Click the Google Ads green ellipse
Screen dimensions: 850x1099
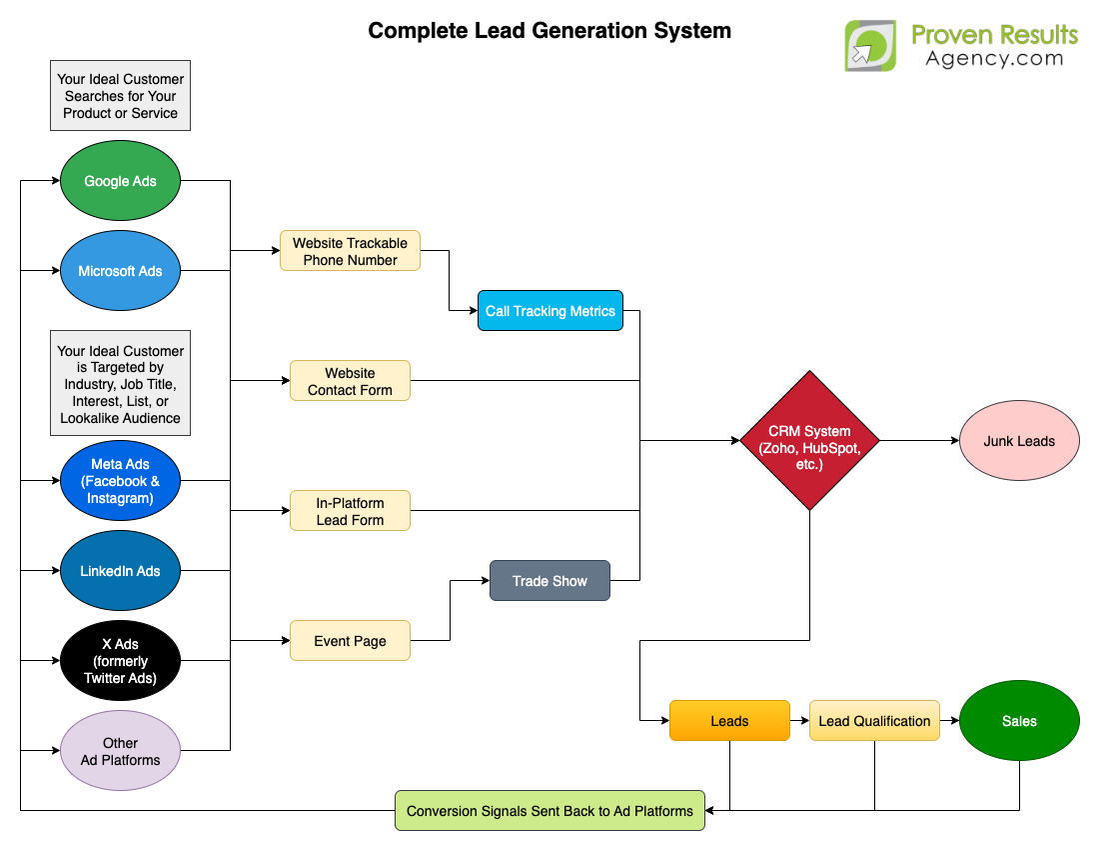click(x=120, y=181)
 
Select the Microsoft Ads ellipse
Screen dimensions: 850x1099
click(x=120, y=271)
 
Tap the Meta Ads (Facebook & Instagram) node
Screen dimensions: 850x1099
click(x=120, y=481)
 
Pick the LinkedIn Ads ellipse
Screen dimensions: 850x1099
click(x=120, y=571)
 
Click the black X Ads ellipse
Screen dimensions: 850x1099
click(x=120, y=661)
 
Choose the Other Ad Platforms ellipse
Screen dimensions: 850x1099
click(x=120, y=751)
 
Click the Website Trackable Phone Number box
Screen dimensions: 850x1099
click(x=350, y=251)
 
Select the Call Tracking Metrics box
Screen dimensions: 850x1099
click(x=550, y=311)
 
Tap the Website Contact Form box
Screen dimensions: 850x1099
click(x=350, y=381)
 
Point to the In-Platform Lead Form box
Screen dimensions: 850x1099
click(x=350, y=511)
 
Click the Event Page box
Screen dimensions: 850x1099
click(x=350, y=641)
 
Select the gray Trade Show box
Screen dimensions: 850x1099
click(x=549, y=581)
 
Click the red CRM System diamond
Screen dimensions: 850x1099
click(x=809, y=441)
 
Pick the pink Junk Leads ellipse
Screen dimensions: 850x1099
click(x=1019, y=441)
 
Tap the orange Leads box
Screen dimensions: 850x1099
click(x=729, y=721)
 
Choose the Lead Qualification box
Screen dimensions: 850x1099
click(x=874, y=721)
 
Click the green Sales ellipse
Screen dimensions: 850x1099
click(x=1019, y=721)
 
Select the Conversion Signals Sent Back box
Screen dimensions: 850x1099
click(x=549, y=811)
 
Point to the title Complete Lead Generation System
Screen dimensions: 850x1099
click(x=549, y=31)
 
